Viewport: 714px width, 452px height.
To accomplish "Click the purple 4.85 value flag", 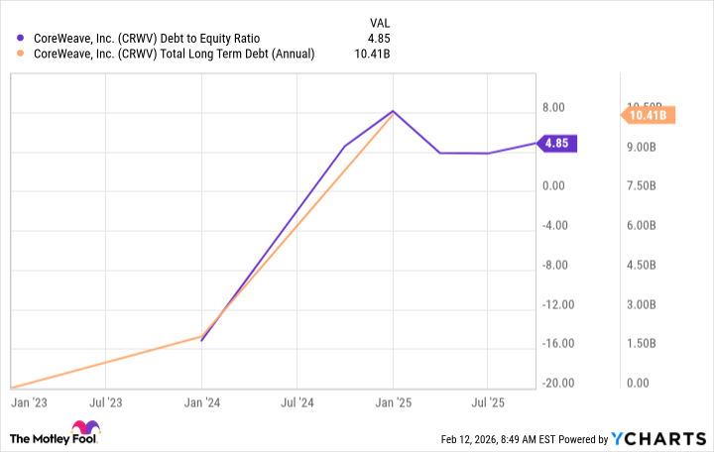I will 556,143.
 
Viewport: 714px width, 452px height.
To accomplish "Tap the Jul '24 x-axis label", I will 297,403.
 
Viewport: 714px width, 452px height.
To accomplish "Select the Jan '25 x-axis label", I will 393,403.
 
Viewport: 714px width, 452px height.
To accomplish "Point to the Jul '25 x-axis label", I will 487,403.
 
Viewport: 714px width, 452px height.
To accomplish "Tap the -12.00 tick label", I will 559,304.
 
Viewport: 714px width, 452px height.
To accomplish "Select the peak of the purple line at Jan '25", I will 393,111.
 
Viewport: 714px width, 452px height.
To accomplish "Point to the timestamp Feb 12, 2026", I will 479,439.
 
